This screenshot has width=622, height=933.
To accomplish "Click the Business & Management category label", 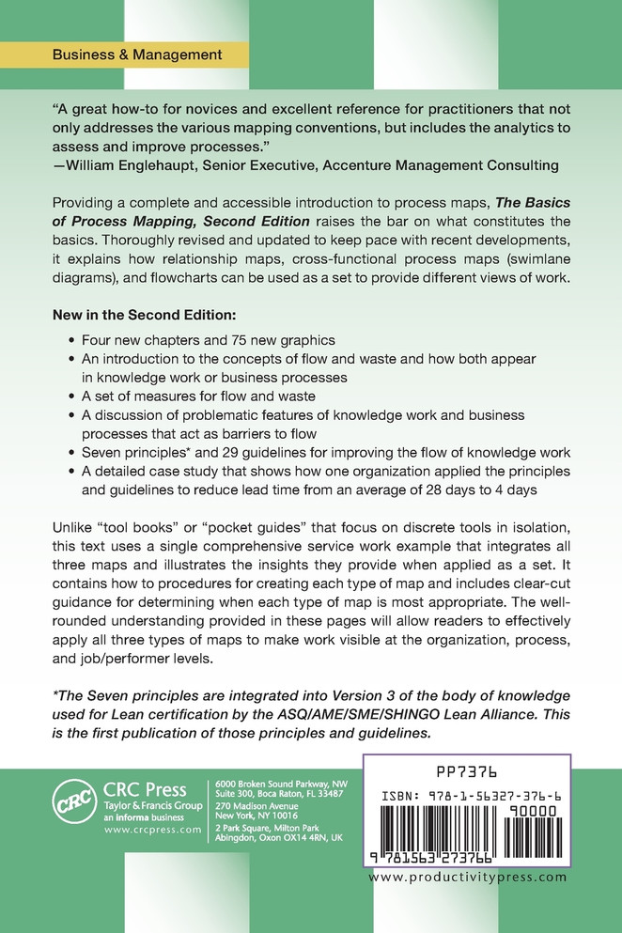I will pos(137,54).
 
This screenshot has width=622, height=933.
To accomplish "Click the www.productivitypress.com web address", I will pos(468,878).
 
